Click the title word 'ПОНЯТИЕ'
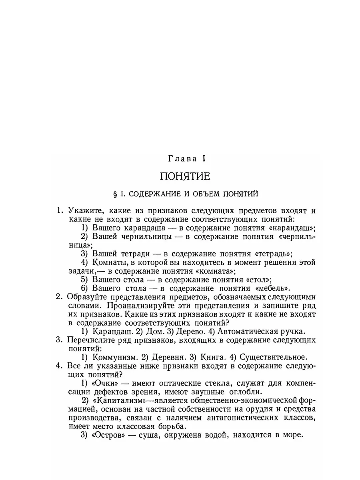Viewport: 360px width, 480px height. (x=184, y=176)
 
